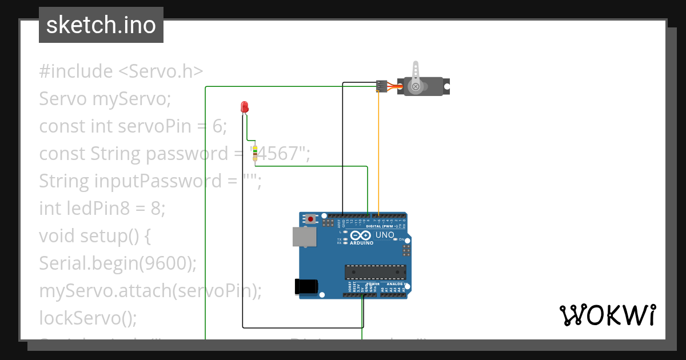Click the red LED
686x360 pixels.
(244, 107)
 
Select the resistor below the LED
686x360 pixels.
(255, 153)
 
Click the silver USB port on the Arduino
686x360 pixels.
(304, 237)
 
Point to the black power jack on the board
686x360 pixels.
(305, 287)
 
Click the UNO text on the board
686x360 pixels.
(385, 235)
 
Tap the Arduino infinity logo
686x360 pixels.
(361, 235)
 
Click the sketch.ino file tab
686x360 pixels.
(101, 25)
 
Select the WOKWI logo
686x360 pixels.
(607, 315)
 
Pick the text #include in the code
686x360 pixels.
(76, 71)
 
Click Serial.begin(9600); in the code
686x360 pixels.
(118, 263)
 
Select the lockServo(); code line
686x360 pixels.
(88, 317)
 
